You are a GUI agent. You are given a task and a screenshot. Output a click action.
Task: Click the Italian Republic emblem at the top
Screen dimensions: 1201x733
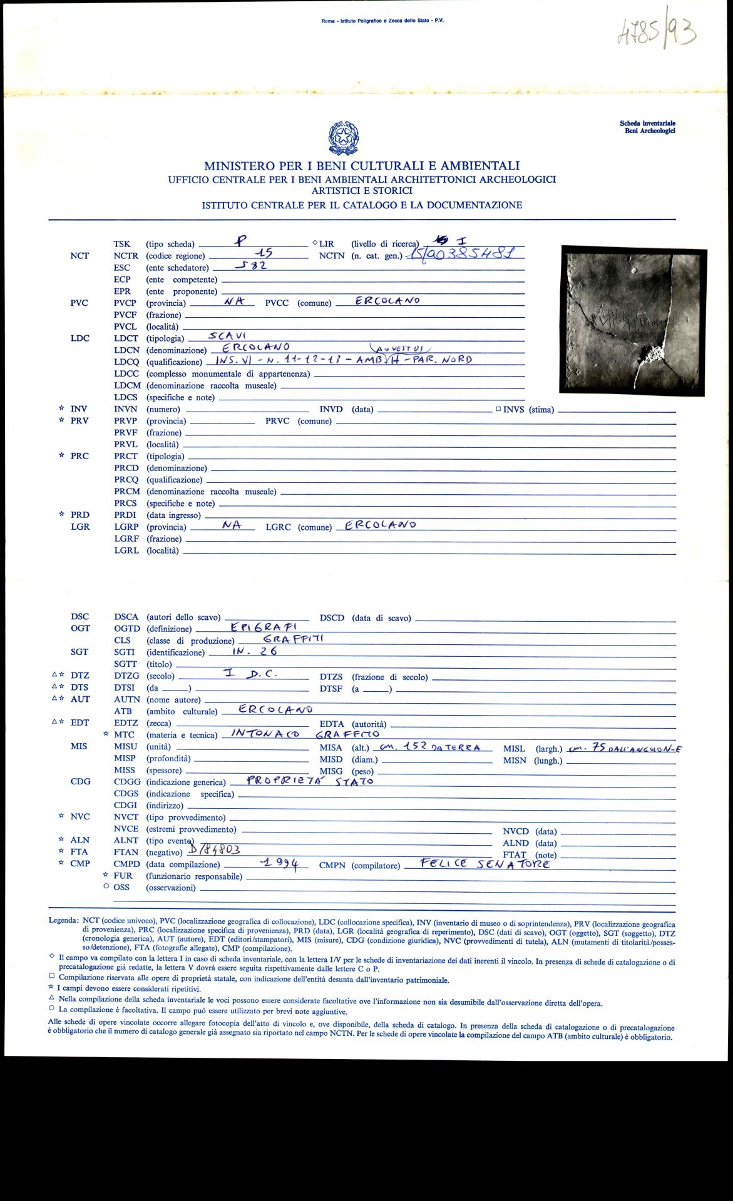(x=343, y=138)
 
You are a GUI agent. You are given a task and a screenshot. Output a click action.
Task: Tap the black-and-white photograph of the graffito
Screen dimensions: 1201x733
(x=633, y=320)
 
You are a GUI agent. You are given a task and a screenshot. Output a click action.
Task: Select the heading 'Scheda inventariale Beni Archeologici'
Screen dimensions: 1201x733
(x=647, y=127)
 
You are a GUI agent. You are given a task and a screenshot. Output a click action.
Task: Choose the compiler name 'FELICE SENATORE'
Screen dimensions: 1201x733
(x=485, y=864)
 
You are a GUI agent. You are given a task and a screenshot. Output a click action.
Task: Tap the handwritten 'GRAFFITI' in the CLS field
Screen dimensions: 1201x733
(x=293, y=639)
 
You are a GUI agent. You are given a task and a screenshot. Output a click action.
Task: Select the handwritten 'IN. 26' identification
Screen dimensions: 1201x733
(x=254, y=651)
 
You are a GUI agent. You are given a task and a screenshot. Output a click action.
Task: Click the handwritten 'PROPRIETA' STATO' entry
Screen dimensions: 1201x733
(x=310, y=781)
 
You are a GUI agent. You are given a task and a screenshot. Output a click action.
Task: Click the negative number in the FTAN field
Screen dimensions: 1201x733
(x=214, y=849)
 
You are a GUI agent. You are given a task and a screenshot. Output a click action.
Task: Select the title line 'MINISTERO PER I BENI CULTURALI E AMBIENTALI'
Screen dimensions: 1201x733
(x=362, y=166)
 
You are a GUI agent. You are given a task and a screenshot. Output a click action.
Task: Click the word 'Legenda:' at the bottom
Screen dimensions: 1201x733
(x=64, y=921)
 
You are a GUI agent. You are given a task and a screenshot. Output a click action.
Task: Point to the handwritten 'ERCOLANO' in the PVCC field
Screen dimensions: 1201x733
(x=387, y=301)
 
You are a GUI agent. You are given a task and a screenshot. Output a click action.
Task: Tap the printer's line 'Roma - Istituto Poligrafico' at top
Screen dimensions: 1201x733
(x=382, y=21)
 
